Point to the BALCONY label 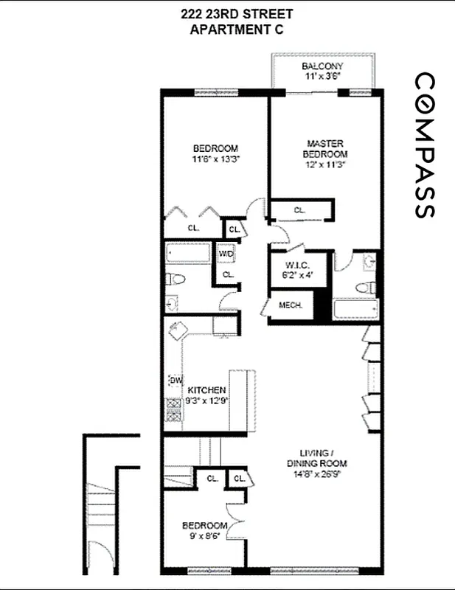click(x=321, y=66)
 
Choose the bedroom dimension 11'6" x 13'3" click(x=215, y=158)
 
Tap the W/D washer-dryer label click(x=226, y=254)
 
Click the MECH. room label click(x=288, y=305)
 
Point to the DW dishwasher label click(x=176, y=381)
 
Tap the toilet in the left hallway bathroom click(x=173, y=280)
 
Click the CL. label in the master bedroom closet click(x=299, y=210)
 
